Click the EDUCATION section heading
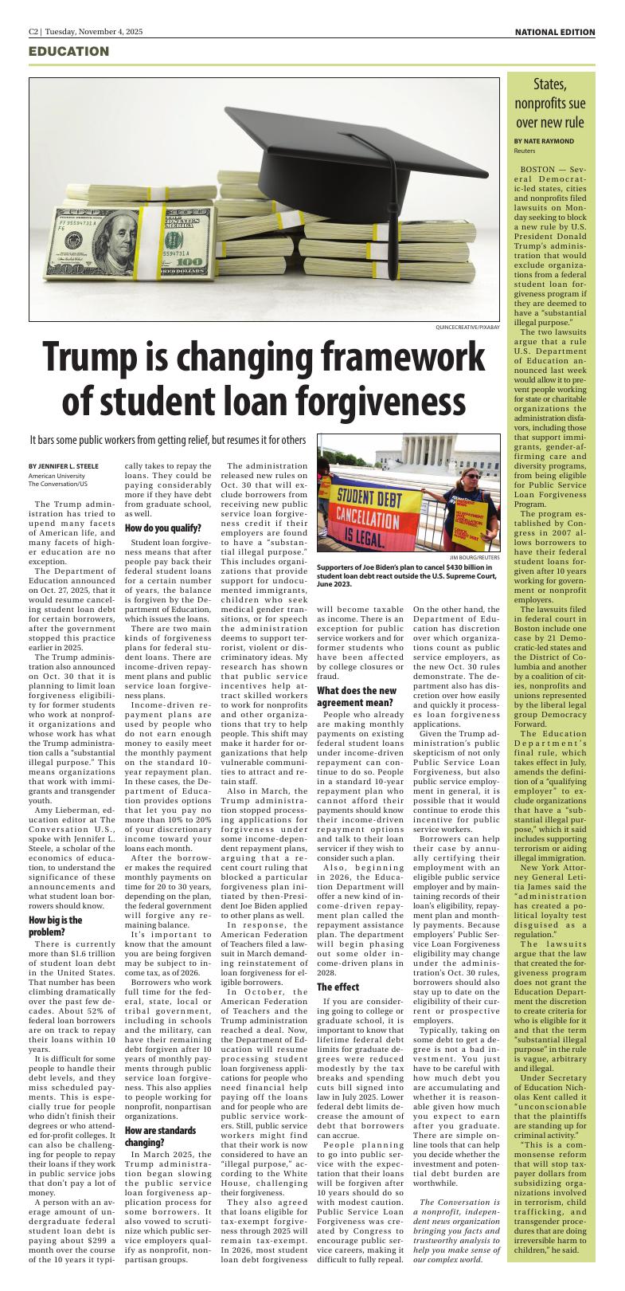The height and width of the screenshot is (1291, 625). (x=68, y=52)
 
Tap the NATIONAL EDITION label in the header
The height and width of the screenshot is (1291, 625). (x=554, y=32)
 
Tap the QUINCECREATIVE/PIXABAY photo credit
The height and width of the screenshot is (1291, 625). (x=468, y=327)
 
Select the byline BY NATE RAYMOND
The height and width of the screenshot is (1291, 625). (x=544, y=140)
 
